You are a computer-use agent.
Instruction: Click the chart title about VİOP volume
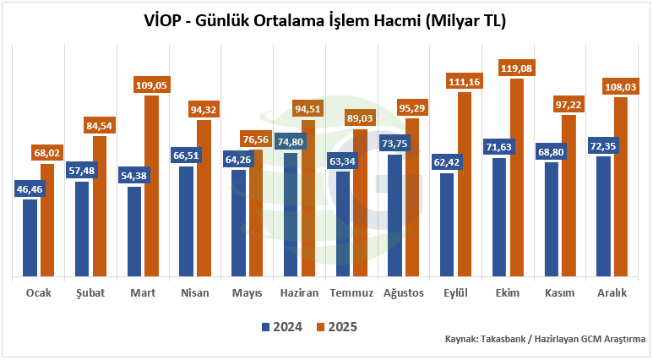(326, 19)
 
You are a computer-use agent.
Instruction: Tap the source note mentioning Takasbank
(545, 338)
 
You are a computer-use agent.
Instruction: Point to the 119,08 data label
(516, 68)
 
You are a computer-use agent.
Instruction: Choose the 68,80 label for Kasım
(552, 150)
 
